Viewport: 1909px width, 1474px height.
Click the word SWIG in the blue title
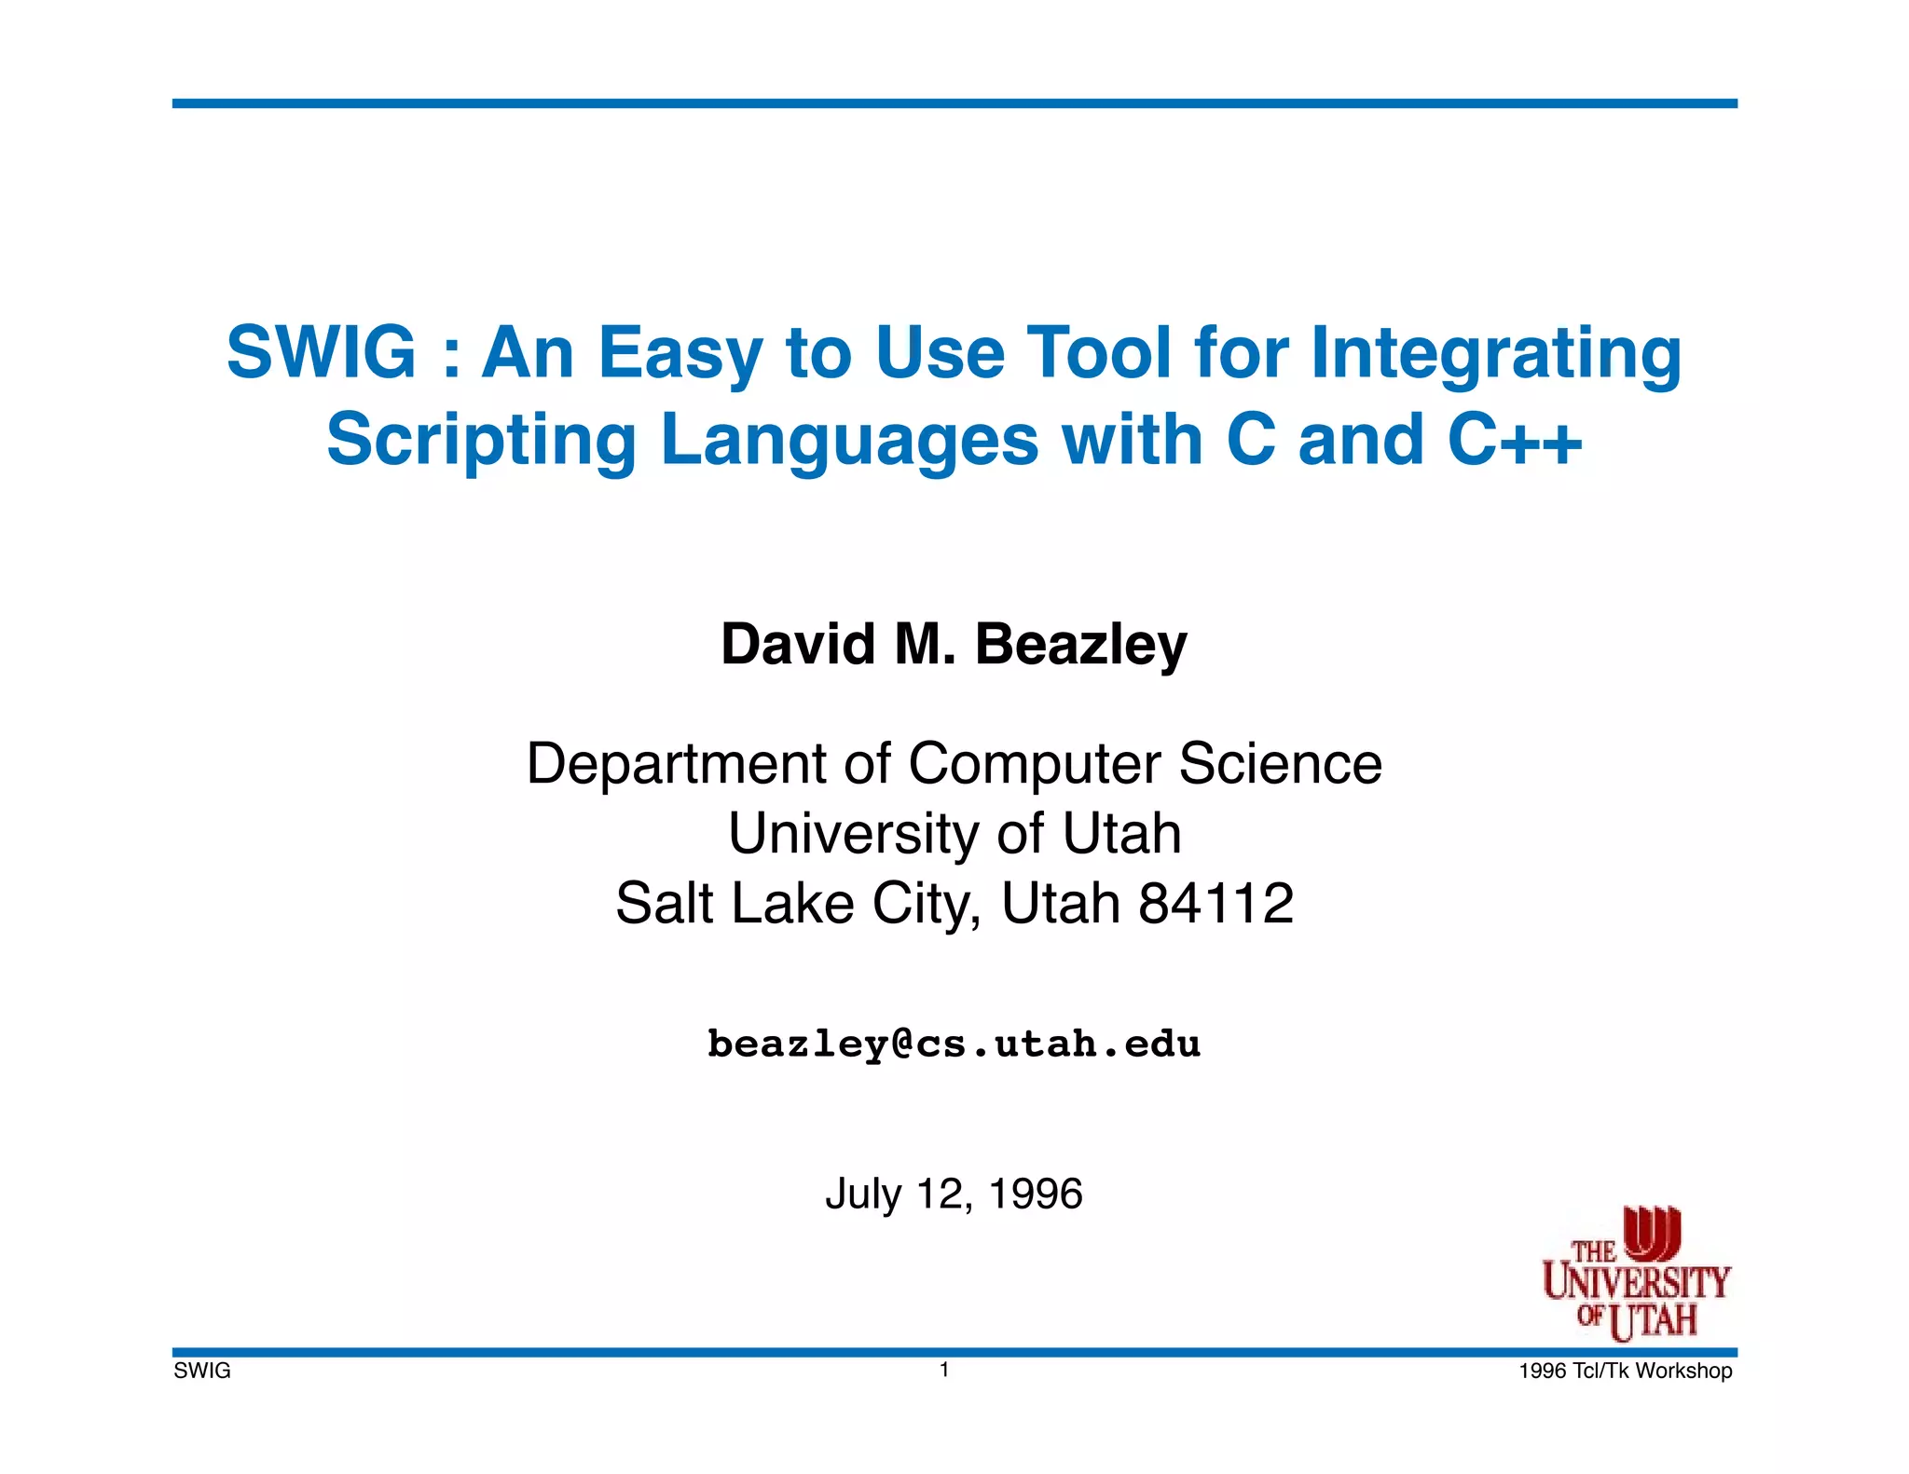coord(321,352)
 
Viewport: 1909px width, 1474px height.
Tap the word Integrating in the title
coord(1496,354)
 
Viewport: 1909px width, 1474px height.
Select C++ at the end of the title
coord(1515,440)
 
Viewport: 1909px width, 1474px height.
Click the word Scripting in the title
coord(481,442)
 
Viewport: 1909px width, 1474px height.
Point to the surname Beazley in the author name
coord(1081,645)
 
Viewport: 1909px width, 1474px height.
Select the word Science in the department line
coord(1280,764)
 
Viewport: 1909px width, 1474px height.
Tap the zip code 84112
coord(1216,903)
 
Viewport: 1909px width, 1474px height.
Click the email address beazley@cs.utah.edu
coord(954,1044)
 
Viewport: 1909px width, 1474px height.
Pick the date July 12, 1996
coord(954,1194)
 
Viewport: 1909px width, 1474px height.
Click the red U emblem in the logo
coord(1652,1232)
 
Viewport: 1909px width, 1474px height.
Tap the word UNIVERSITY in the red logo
coord(1636,1283)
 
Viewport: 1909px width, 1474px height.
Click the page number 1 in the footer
coord(944,1369)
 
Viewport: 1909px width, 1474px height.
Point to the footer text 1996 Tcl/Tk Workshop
coord(1625,1371)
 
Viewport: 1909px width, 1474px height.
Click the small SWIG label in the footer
coord(202,1371)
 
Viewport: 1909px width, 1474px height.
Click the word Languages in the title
coord(849,442)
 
